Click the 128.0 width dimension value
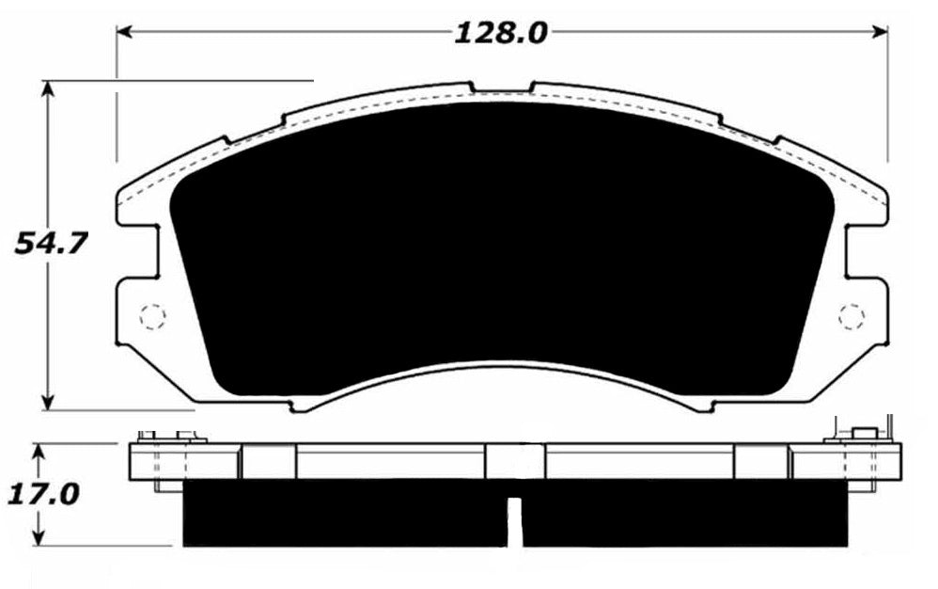click(500, 34)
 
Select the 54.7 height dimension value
click(50, 244)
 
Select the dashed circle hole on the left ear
click(151, 316)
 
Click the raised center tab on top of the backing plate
click(501, 88)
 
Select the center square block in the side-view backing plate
click(514, 461)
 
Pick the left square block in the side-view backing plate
click(269, 461)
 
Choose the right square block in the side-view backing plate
click(760, 461)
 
